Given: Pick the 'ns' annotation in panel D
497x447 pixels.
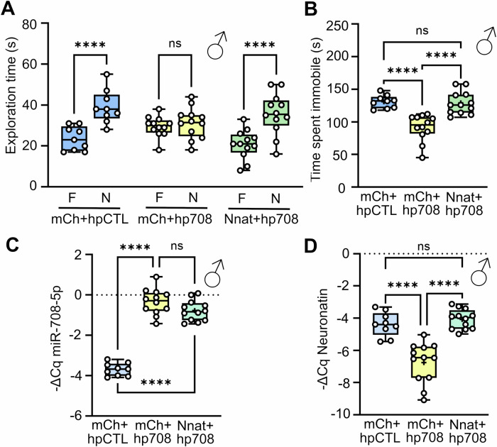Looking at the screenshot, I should (425, 245).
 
